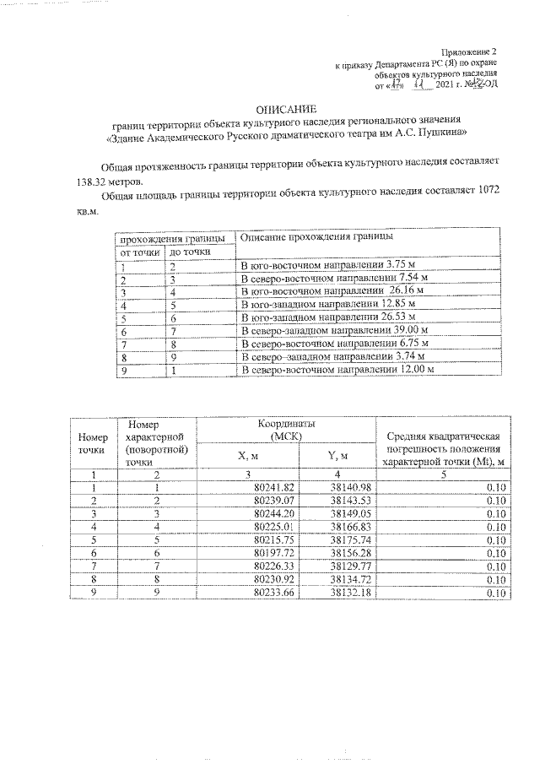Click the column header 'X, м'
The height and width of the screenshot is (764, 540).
pos(247,456)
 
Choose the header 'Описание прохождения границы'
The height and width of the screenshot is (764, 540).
pos(317,238)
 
